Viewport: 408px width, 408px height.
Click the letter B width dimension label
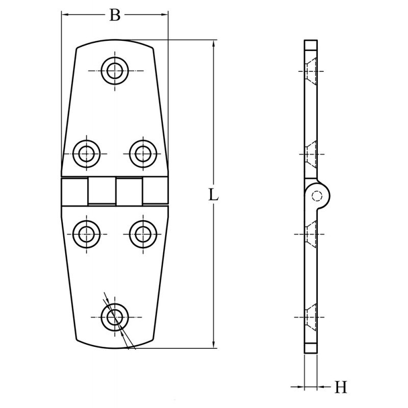click(x=115, y=15)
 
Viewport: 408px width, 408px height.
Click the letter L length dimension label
click(x=214, y=195)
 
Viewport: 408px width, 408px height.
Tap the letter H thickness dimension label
click(x=341, y=388)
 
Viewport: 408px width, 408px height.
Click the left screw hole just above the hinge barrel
click(x=86, y=152)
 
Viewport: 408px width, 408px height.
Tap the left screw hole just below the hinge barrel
click(x=86, y=234)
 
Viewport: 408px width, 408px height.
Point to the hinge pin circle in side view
click(x=317, y=195)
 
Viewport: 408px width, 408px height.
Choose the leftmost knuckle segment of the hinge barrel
click(x=74, y=191)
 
